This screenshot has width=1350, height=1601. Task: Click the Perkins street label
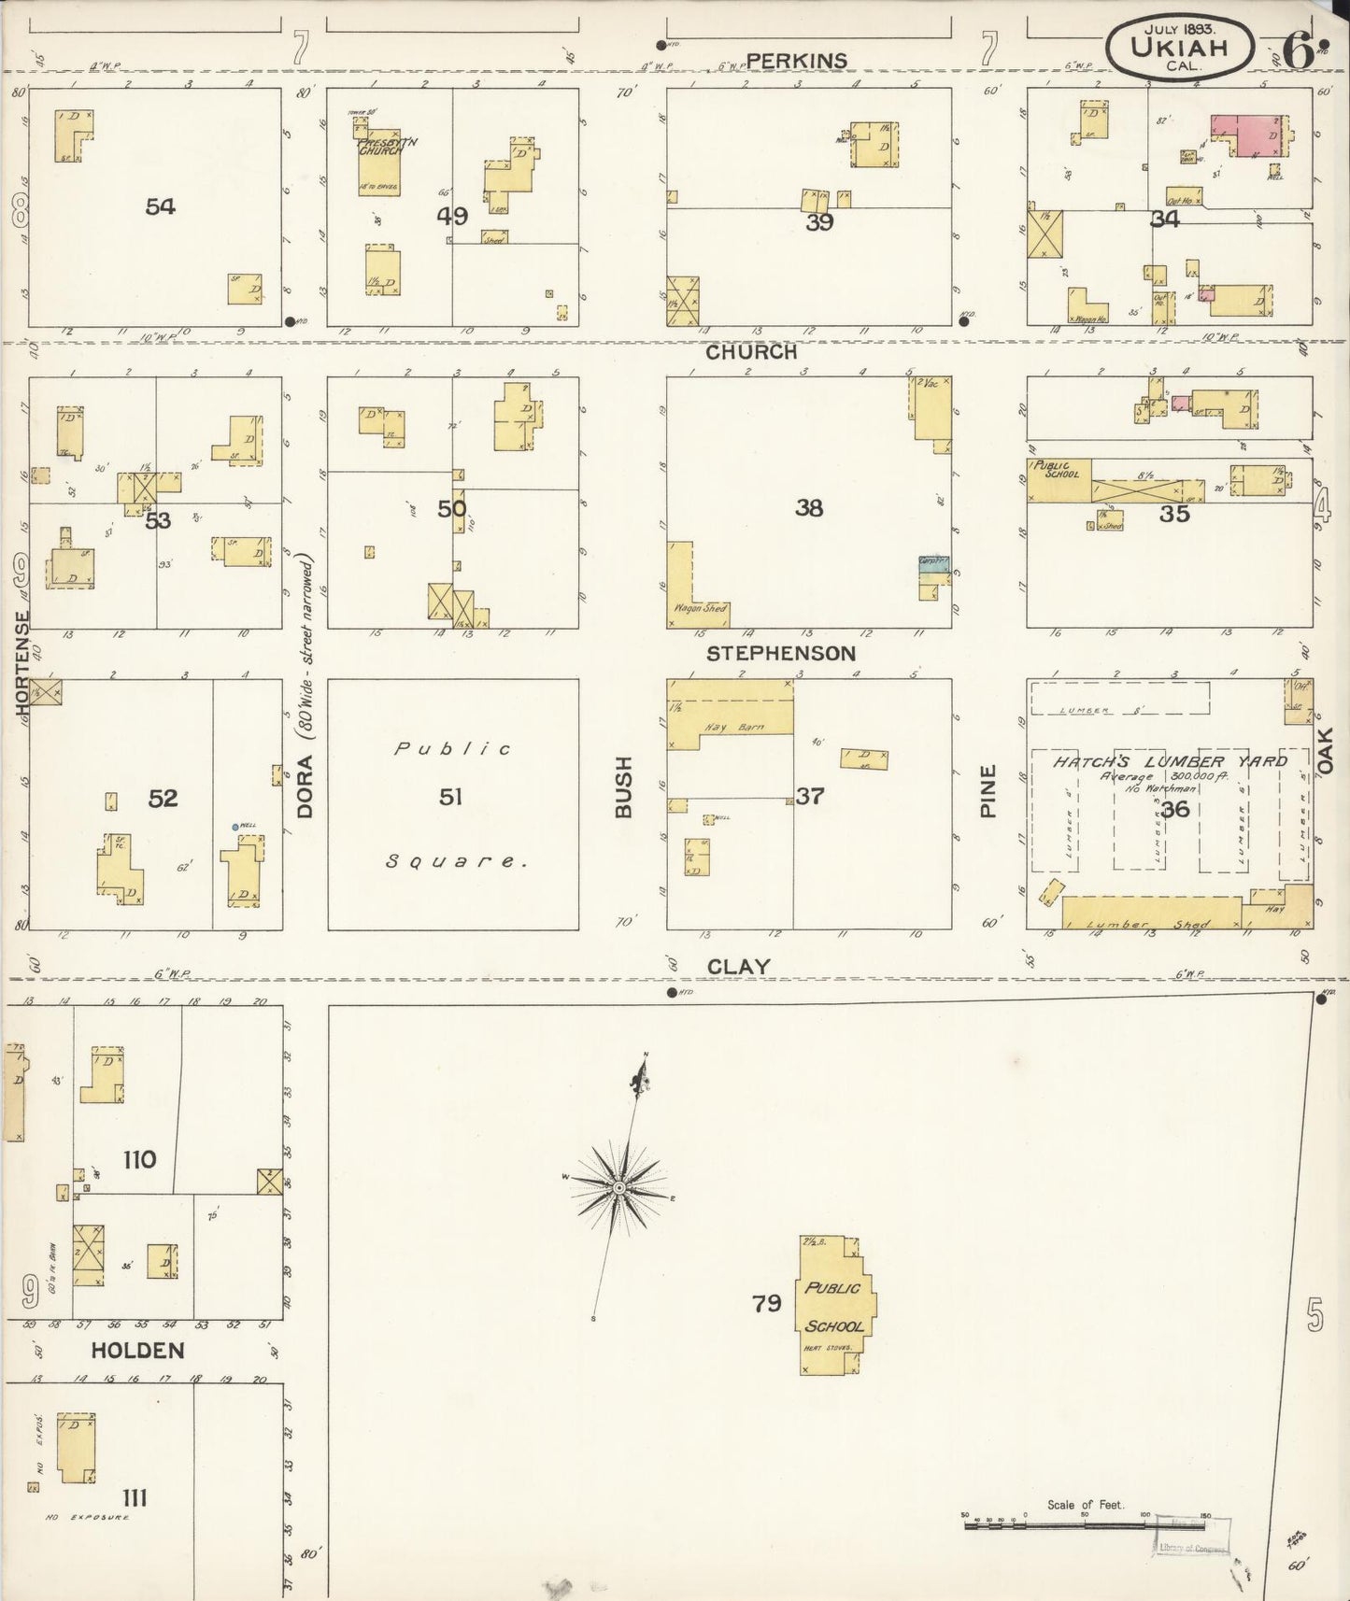(797, 61)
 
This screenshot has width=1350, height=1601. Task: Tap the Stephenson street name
(781, 653)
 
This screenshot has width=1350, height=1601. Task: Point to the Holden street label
(137, 1351)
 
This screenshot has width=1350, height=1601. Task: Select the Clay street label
(738, 967)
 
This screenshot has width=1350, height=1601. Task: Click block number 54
(160, 206)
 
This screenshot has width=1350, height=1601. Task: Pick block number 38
(809, 508)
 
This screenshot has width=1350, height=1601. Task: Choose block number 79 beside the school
(766, 1302)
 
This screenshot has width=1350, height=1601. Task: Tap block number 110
(139, 1160)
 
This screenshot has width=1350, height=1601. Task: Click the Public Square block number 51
(451, 797)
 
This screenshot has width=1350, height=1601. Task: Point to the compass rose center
(618, 1187)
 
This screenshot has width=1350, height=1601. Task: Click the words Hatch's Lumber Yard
(1171, 761)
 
